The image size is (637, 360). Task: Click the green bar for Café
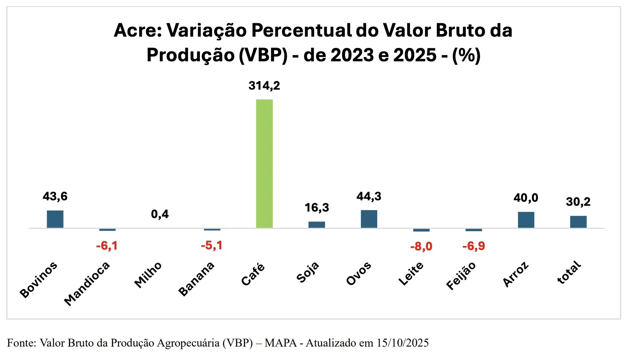pos(264,163)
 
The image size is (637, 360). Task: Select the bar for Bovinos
pos(55,219)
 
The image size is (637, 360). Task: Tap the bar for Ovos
pos(369,219)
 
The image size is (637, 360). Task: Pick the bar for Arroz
pos(526,220)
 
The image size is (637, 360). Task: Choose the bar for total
pos(578,222)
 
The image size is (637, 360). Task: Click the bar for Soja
pos(317,225)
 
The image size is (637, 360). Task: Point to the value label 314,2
pos(264,86)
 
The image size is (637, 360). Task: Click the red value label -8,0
pos(421,247)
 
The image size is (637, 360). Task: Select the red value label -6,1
pos(107,246)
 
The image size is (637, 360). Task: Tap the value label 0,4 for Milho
pos(160,214)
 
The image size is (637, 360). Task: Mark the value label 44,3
pos(369,196)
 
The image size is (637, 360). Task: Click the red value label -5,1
pos(211,246)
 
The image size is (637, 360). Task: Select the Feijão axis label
pos(461,276)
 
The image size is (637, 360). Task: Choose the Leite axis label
pos(411,274)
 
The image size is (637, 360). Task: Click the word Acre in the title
pos(138,30)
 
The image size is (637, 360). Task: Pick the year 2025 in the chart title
pos(415,56)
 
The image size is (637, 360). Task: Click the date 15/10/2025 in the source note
pos(403,343)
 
